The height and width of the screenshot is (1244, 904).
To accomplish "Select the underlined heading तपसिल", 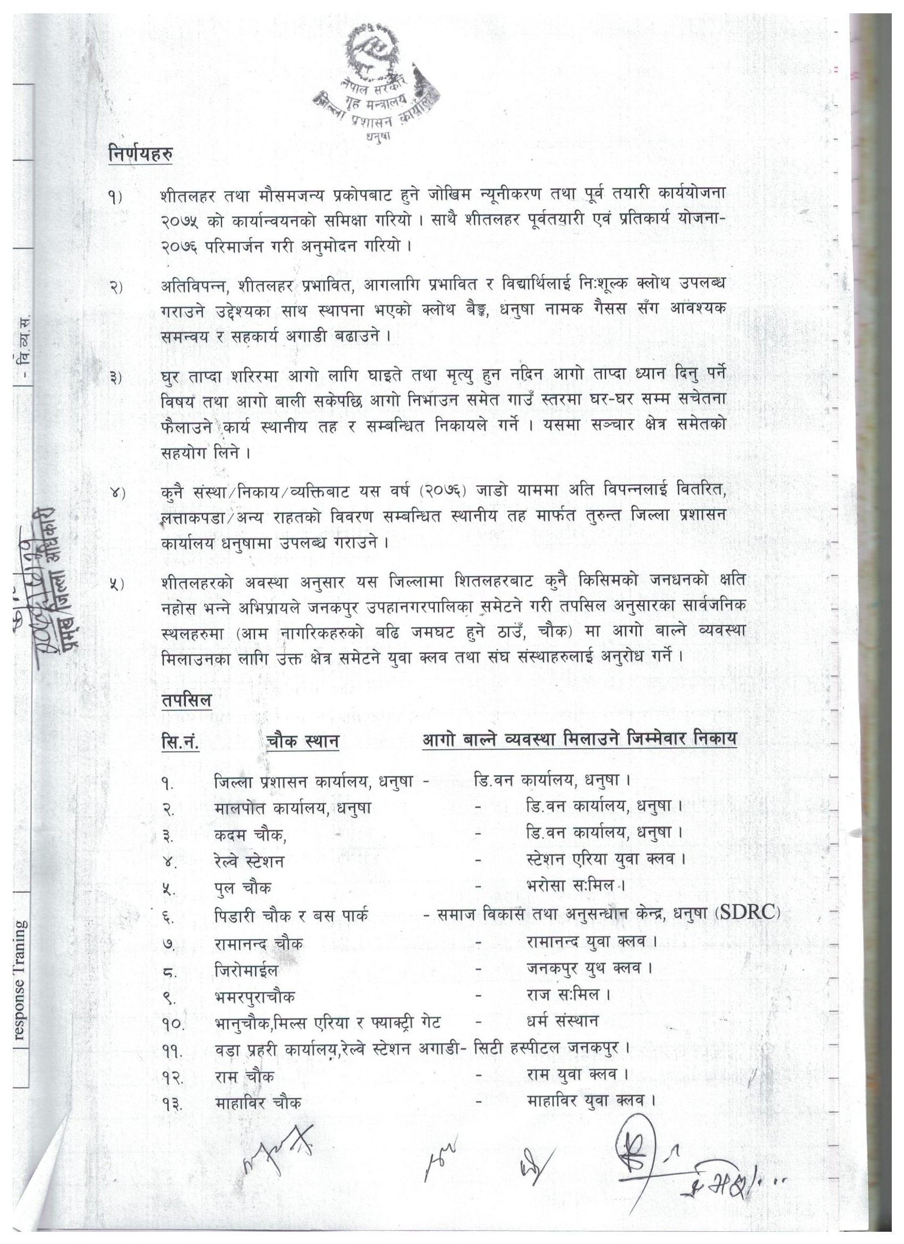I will pyautogui.click(x=187, y=700).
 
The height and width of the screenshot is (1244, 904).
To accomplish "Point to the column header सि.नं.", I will pyautogui.click(x=181, y=742).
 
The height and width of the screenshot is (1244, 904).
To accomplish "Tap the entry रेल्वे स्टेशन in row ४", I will pyautogui.click(x=249, y=861).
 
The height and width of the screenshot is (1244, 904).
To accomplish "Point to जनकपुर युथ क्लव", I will pyautogui.click(x=589, y=968).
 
